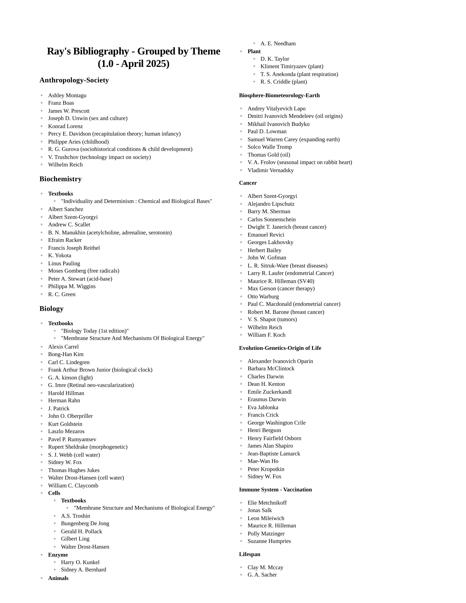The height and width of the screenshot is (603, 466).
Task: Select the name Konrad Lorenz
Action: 65,126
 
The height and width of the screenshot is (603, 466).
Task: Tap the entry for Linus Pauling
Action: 64,263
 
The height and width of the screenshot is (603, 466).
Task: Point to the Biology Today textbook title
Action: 95,331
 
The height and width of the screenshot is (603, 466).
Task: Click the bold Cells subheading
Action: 54,493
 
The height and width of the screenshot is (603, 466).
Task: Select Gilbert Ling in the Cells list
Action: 75,539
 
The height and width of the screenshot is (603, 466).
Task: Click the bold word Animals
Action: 58,578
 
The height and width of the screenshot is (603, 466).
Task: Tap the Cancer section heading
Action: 248,183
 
